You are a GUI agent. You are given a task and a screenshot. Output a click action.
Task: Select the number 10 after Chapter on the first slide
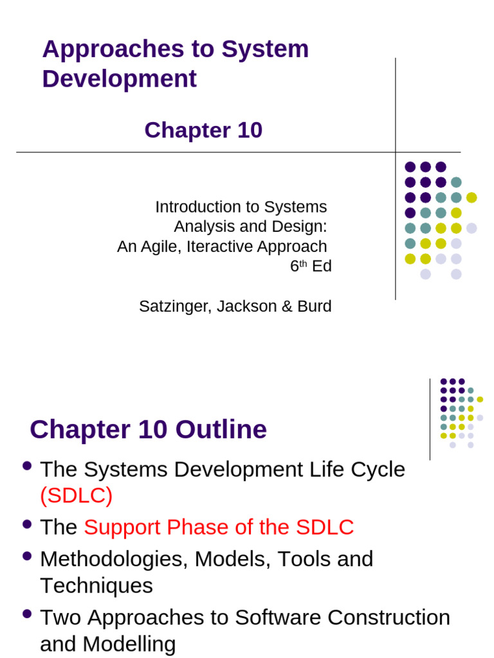coord(250,130)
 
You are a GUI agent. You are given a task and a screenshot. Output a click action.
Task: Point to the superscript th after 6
coord(304,263)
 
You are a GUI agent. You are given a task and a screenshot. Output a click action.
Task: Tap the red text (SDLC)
coord(76,495)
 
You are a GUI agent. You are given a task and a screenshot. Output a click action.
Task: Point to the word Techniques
coord(96,585)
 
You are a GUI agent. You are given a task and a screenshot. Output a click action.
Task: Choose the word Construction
coord(389,617)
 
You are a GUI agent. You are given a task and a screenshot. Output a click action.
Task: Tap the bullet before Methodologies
coord(27,556)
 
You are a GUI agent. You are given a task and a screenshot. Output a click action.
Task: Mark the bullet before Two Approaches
coord(27,614)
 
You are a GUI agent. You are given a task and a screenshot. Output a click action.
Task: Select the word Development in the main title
coord(119,79)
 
